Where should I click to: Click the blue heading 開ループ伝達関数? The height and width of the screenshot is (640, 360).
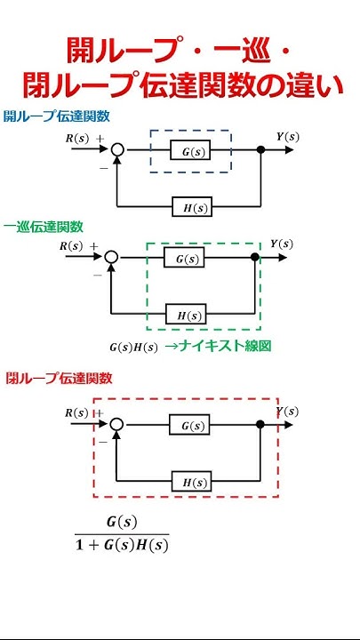point(56,116)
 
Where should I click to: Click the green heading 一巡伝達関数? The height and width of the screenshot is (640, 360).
point(44,226)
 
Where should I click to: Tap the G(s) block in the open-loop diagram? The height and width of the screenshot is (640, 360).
point(190,151)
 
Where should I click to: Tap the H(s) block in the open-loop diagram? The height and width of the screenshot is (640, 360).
point(191,207)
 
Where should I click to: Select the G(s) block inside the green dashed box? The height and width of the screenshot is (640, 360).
point(184,258)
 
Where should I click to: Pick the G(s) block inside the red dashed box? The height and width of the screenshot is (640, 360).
point(190,426)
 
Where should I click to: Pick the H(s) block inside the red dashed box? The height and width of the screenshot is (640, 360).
point(191,481)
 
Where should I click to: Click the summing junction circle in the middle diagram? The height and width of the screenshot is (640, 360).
point(111,258)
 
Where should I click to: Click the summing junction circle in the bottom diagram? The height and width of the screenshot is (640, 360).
point(117,426)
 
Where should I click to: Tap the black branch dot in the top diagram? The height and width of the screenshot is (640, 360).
point(260,151)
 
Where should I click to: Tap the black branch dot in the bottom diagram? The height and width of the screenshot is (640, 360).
point(260,426)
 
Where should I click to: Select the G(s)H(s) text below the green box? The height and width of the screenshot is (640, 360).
point(133,347)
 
